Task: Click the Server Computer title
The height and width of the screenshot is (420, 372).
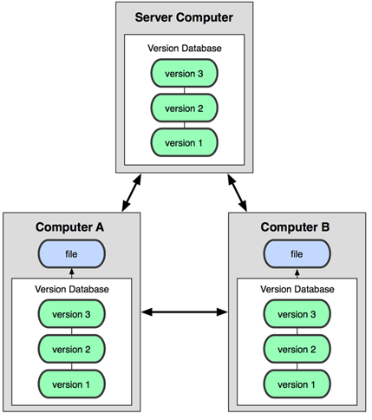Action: [184, 17]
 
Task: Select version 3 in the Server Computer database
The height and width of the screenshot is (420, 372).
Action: [184, 73]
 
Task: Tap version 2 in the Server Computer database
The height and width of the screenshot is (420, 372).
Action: [184, 108]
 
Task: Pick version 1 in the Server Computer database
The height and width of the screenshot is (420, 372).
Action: [184, 142]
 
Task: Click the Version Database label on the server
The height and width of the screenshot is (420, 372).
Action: [185, 48]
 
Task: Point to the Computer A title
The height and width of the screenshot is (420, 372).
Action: [69, 227]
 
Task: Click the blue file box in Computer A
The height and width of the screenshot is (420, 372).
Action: [72, 254]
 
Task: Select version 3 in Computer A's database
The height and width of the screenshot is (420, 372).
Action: [72, 314]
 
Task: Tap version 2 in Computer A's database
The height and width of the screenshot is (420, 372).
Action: [72, 349]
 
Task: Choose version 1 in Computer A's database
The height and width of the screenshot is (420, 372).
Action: [72, 384]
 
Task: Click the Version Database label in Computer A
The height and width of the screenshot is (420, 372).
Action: [72, 289]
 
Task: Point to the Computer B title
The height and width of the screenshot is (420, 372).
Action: [295, 227]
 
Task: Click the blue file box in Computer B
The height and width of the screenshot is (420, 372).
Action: [297, 254]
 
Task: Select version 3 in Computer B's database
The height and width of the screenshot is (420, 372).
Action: [297, 314]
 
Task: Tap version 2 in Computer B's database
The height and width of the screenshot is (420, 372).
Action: [297, 349]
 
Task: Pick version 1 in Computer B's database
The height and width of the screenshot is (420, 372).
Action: [297, 384]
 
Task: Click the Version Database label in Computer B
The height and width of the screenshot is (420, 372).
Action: [297, 289]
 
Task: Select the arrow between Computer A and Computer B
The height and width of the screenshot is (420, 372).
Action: [185, 312]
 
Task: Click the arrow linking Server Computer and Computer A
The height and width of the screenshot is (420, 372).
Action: [132, 193]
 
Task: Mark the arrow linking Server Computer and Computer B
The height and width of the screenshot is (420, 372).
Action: [238, 193]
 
